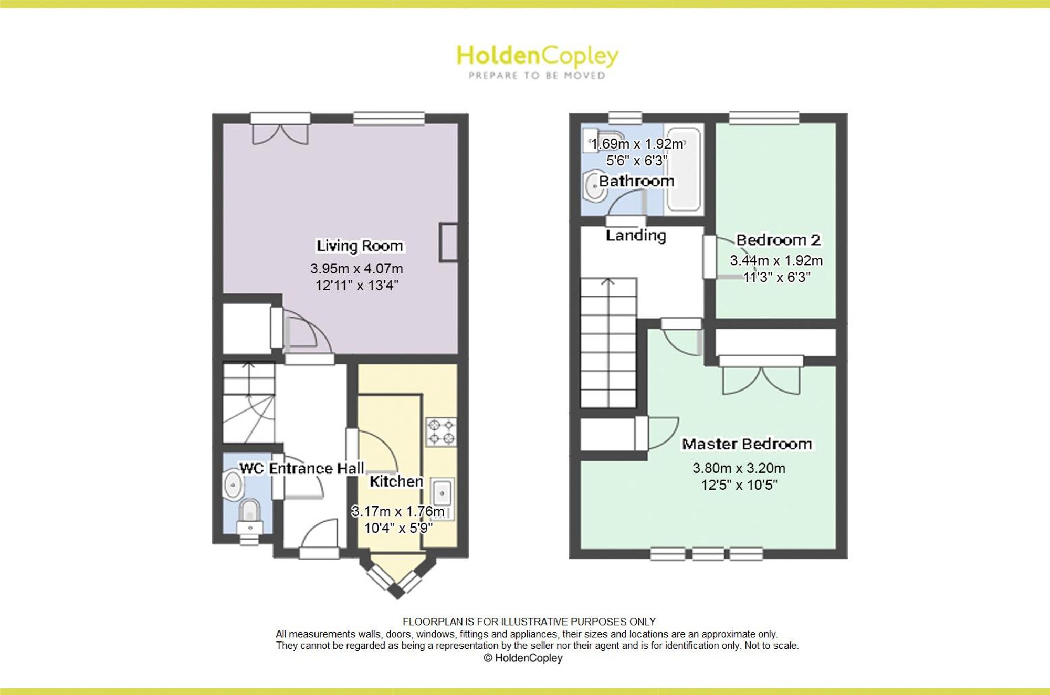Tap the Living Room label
point(360,246)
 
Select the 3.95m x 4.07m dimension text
point(356,269)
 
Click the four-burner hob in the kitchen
point(441,431)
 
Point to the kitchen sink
point(442,499)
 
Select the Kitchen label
point(396,481)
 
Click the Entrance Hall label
point(317,468)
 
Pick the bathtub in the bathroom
point(684,168)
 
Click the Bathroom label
point(636,181)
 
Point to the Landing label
point(636,236)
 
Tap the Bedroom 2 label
point(778,240)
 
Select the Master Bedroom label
point(747,444)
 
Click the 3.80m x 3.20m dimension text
point(739,468)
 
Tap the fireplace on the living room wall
point(448,242)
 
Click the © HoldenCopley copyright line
point(523,658)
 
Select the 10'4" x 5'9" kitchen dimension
point(398,528)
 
